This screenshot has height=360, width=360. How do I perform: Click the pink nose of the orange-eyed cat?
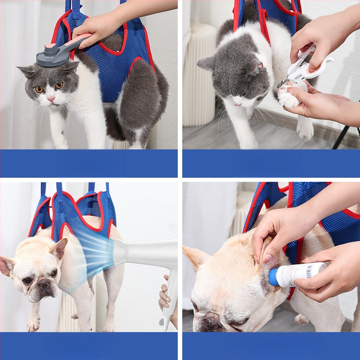click(x=51, y=99)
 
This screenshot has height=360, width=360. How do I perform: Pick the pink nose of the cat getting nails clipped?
click(x=237, y=103)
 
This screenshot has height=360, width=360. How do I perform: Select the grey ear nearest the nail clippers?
click(x=255, y=67)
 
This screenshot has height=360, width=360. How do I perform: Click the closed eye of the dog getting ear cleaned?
click(x=238, y=321)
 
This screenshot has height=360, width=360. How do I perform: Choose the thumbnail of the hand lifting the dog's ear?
click(x=266, y=258)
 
